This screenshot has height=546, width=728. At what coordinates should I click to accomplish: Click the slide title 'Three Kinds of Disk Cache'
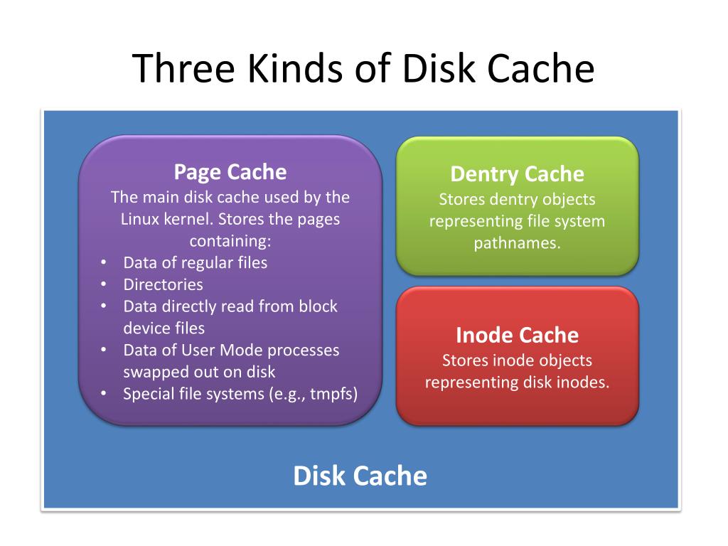[x=363, y=69]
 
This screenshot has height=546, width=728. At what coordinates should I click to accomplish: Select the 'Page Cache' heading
[x=230, y=172]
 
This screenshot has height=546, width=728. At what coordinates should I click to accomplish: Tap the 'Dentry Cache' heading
[x=517, y=174]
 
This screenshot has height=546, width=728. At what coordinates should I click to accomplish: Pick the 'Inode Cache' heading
[x=517, y=335]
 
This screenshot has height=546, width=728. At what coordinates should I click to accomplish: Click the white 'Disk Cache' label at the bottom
[x=360, y=476]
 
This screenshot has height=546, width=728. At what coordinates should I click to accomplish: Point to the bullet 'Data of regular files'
[x=196, y=262]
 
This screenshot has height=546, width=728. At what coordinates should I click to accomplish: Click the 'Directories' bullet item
[x=163, y=284]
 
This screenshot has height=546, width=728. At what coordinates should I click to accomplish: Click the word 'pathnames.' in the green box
[x=517, y=242]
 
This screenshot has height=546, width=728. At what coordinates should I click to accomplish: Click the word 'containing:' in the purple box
[x=230, y=240]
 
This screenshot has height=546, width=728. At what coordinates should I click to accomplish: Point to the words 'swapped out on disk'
[x=199, y=372]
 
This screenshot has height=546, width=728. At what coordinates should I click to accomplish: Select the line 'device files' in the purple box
[x=164, y=328]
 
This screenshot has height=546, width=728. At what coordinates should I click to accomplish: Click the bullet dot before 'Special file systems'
[x=104, y=393]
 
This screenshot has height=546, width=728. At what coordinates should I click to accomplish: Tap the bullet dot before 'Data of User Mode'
[x=104, y=349]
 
